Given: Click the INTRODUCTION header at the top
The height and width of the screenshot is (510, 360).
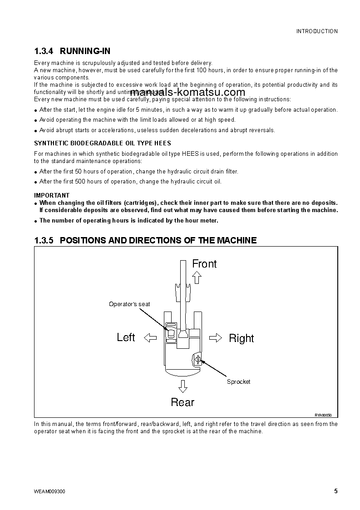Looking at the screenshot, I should pos(317,31).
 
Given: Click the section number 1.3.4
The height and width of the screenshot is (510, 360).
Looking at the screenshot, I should pos(44,51).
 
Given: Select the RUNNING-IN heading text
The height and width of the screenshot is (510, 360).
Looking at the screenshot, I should pos(85,51).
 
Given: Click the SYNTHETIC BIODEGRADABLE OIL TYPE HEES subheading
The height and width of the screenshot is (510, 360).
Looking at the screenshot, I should pos(103,143).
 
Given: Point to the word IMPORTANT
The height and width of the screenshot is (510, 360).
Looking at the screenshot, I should pos(52,196).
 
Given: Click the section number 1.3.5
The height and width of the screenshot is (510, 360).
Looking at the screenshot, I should pos(44,240).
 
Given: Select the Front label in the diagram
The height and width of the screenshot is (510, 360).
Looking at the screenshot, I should pos(204,264).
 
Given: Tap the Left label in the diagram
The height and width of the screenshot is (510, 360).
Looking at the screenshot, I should pos(126,337).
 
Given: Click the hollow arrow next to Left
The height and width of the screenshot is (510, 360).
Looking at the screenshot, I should pos(150,337).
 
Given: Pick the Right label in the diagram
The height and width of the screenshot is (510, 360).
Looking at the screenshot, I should pos(241,338).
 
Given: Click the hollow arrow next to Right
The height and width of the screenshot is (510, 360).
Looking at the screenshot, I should pos(216,337).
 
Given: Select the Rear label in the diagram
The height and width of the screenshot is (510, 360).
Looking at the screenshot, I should pos(182,402).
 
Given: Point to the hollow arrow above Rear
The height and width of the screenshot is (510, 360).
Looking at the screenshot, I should pos(182,386).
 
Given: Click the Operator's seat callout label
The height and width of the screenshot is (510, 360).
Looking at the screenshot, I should pos(129,304).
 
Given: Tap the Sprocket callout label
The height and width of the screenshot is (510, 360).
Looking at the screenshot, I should pos(238,382).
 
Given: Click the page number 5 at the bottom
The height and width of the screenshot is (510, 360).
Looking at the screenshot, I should pos(335,491).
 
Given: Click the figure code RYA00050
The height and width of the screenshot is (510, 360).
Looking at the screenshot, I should pos(324,415).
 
